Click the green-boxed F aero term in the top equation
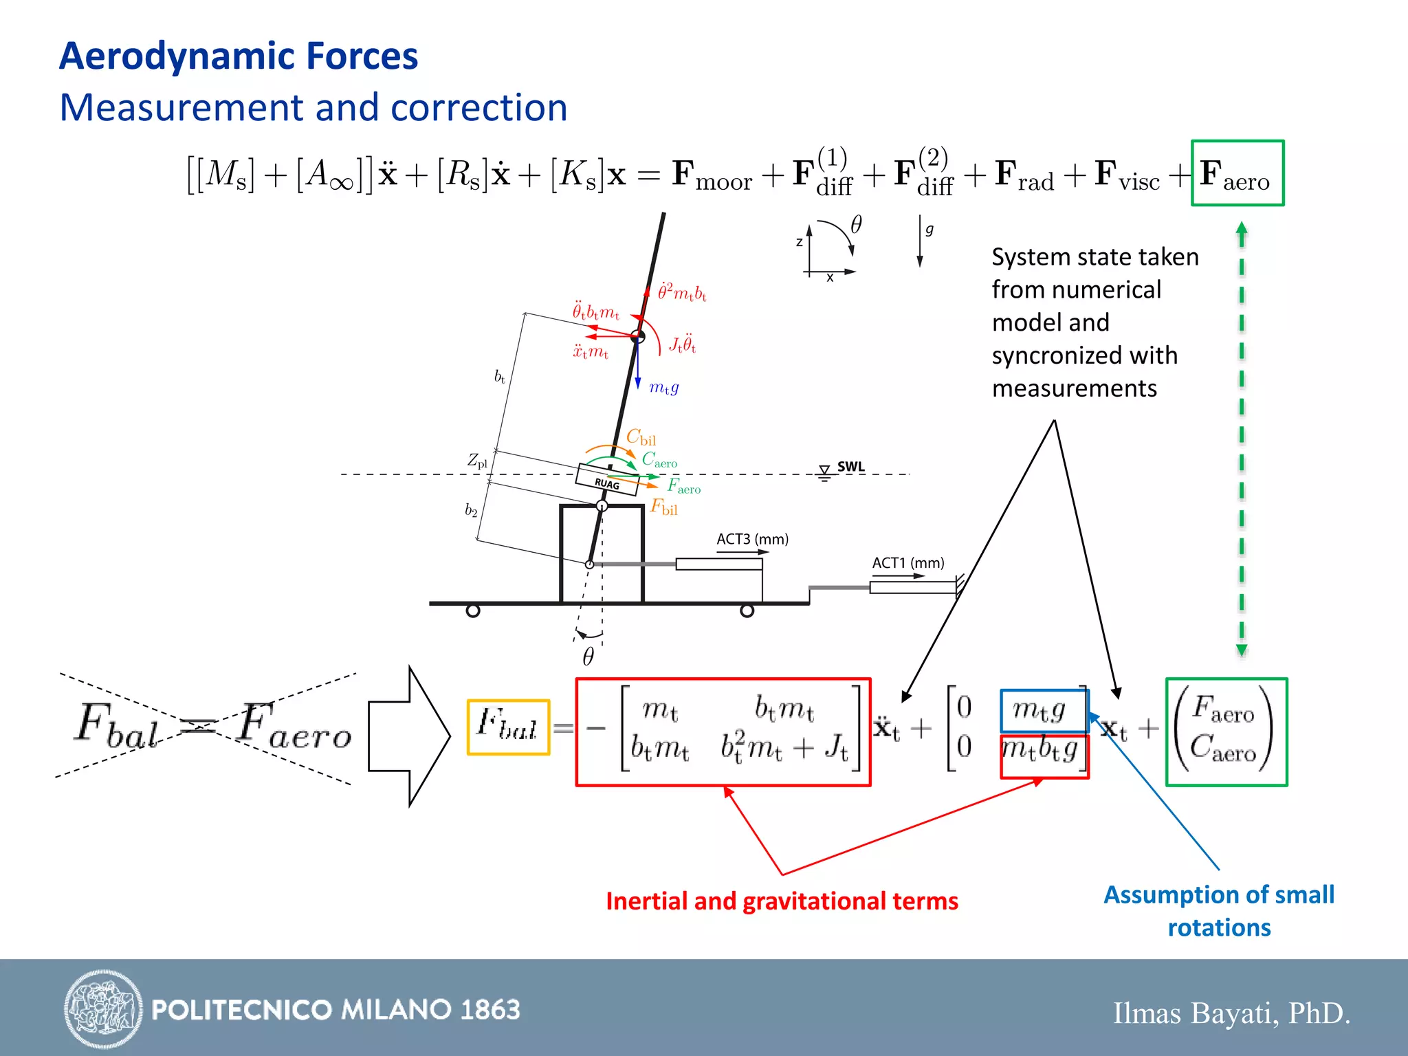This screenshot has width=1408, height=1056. (x=1237, y=173)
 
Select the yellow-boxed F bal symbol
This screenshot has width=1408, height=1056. (x=508, y=727)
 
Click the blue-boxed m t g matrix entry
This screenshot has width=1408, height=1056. (x=1044, y=710)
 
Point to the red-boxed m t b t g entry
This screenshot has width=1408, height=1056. (x=1044, y=753)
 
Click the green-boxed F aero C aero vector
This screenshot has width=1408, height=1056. (x=1226, y=731)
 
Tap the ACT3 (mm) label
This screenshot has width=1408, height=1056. (x=752, y=539)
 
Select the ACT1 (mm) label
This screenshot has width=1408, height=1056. (x=907, y=563)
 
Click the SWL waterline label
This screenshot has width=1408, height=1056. (x=850, y=467)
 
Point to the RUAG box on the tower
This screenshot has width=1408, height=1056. (x=607, y=479)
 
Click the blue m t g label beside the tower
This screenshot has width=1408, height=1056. (x=663, y=387)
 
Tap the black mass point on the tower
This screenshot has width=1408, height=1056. (x=638, y=336)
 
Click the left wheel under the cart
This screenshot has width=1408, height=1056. (x=473, y=610)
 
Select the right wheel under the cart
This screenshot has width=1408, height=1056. (x=747, y=610)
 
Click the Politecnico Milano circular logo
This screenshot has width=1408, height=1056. (x=103, y=1009)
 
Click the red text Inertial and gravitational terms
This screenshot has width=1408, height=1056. (x=782, y=901)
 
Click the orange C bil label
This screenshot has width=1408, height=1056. (x=641, y=437)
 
